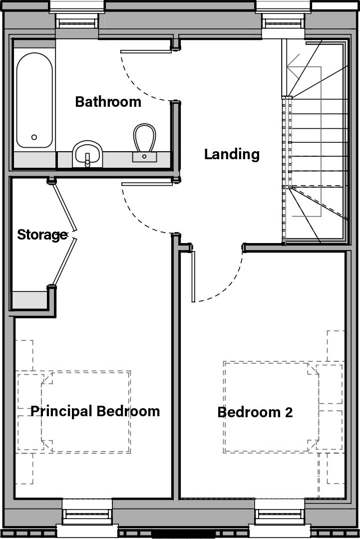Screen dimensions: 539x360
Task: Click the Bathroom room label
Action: (108, 102)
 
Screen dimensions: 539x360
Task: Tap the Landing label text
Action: (232, 154)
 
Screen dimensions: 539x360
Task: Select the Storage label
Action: (42, 235)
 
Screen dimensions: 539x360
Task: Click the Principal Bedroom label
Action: (95, 411)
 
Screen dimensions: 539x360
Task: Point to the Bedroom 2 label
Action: (255, 412)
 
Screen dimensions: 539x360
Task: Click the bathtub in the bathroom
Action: (34, 100)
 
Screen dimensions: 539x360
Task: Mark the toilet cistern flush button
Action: (144, 157)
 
